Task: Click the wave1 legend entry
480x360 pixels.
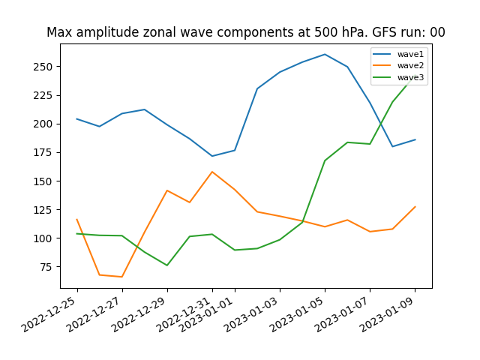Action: (x=398, y=54)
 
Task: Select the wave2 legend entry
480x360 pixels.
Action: (x=398, y=65)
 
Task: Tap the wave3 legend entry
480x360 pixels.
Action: (x=398, y=77)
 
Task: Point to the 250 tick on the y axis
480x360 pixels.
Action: (x=43, y=67)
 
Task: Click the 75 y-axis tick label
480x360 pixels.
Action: (x=46, y=267)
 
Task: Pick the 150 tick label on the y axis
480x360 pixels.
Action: (x=43, y=181)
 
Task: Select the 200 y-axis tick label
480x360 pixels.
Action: (x=43, y=124)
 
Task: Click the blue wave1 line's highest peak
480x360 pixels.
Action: (x=325, y=55)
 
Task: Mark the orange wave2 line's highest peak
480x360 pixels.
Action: (x=212, y=172)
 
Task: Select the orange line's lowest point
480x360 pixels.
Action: (x=121, y=277)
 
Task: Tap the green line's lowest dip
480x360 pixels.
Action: (x=167, y=265)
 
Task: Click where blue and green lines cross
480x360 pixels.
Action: (x=380, y=123)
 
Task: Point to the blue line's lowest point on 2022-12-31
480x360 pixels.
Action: (x=212, y=156)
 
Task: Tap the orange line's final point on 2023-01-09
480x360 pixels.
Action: (x=415, y=207)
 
